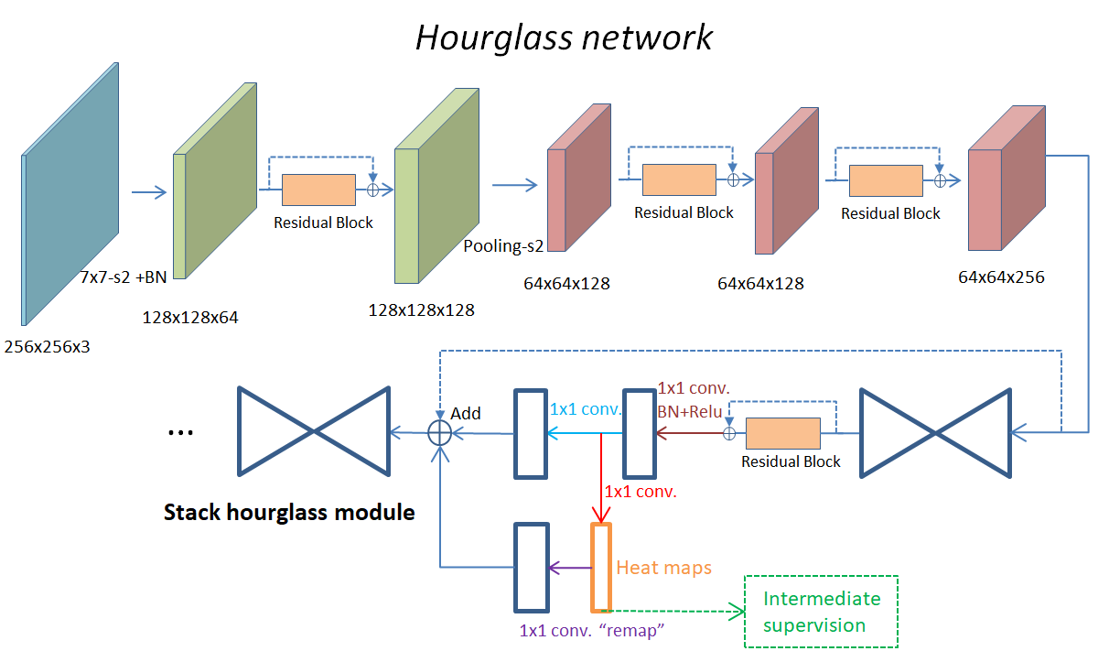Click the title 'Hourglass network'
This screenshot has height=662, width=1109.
coord(564,38)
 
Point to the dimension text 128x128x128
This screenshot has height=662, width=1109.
coord(421,309)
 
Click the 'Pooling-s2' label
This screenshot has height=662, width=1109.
coord(501,246)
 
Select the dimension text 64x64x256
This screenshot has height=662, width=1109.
coord(1001,277)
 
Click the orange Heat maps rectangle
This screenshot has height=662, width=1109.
coord(600,568)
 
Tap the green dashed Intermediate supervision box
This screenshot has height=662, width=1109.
coord(821,612)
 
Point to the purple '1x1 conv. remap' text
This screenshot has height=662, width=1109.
coord(589,631)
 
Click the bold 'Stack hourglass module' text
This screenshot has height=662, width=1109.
coord(289,512)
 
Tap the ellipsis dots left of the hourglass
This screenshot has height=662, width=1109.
coord(180,432)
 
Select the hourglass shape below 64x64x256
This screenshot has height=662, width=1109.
coord(935,433)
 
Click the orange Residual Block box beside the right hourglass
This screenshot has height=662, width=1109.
coord(781,433)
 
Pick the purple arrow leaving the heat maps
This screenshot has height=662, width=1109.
coord(569,569)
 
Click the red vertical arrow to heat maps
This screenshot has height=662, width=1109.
coord(600,476)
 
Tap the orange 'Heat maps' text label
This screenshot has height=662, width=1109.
coord(663,568)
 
